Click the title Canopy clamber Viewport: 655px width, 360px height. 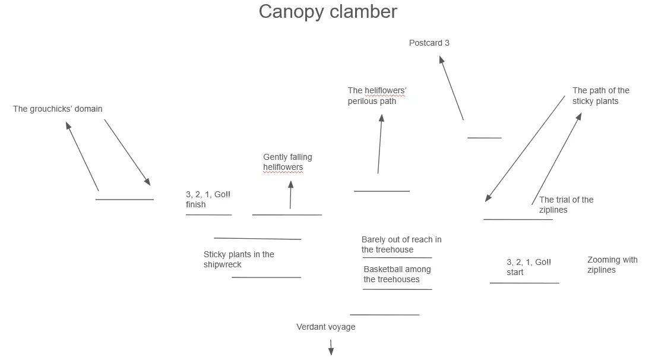328,11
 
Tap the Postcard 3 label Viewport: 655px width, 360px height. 429,43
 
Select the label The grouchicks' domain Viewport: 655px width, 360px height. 58,109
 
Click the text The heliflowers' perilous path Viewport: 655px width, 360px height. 377,96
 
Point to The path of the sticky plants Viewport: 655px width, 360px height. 600,96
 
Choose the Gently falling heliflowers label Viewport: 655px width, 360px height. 287,162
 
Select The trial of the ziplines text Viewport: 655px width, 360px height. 566,204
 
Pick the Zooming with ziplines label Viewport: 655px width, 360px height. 612,264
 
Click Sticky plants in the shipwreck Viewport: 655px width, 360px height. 239,259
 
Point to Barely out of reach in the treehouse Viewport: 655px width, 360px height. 401,244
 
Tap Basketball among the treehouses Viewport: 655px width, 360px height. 397,274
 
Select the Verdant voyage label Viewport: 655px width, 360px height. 326,327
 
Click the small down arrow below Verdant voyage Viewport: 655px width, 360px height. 331,348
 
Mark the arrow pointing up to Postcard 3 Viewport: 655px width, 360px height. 451,88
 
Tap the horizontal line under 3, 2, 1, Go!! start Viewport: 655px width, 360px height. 524,283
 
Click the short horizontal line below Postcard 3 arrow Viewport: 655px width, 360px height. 484,138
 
